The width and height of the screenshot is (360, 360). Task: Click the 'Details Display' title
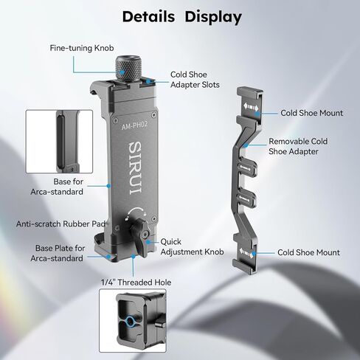(182, 17)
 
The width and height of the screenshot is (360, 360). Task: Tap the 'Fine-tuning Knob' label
(82, 48)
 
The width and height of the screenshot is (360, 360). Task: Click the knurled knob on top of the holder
(128, 68)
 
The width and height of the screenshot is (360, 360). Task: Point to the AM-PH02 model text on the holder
(134, 125)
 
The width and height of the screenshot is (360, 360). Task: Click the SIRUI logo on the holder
(135, 168)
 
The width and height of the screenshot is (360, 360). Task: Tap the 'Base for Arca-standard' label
(57, 187)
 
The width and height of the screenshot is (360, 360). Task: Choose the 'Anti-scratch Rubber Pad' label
(61, 224)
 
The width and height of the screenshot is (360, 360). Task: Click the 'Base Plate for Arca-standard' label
(58, 253)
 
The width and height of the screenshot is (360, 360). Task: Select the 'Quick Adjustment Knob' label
(192, 247)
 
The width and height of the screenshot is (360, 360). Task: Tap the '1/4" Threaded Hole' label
(136, 283)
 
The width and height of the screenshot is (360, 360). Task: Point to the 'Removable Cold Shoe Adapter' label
(298, 146)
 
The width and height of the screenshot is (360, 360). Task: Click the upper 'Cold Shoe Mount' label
(311, 113)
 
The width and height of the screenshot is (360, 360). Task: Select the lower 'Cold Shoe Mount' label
(308, 252)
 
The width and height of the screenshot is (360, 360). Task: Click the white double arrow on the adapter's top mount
(251, 107)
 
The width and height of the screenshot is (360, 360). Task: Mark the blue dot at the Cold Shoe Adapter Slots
(148, 81)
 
